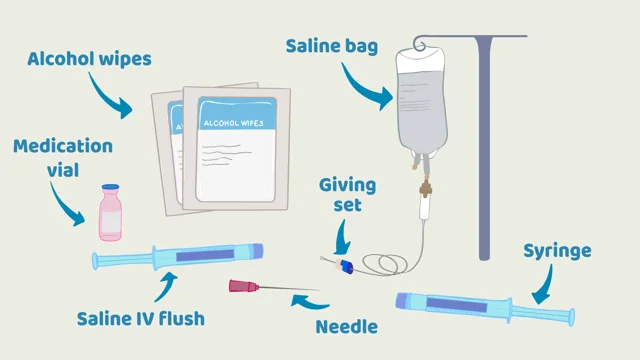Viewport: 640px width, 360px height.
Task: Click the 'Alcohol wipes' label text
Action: pyautogui.click(x=90, y=59)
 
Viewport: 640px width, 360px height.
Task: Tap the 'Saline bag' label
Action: pyautogui.click(x=332, y=46)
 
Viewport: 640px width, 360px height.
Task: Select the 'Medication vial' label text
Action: pyautogui.click(x=62, y=158)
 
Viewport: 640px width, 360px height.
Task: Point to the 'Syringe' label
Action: pyautogui.click(x=557, y=250)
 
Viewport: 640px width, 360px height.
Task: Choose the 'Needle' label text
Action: pyautogui.click(x=346, y=326)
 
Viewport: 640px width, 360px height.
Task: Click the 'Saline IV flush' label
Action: pyautogui.click(x=141, y=319)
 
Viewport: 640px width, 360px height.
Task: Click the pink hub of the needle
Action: pyautogui.click(x=243, y=287)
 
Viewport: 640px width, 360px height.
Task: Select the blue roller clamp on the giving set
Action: pyautogui.click(x=346, y=266)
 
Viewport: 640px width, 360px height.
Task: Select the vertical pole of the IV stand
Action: pyautogui.click(x=484, y=150)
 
